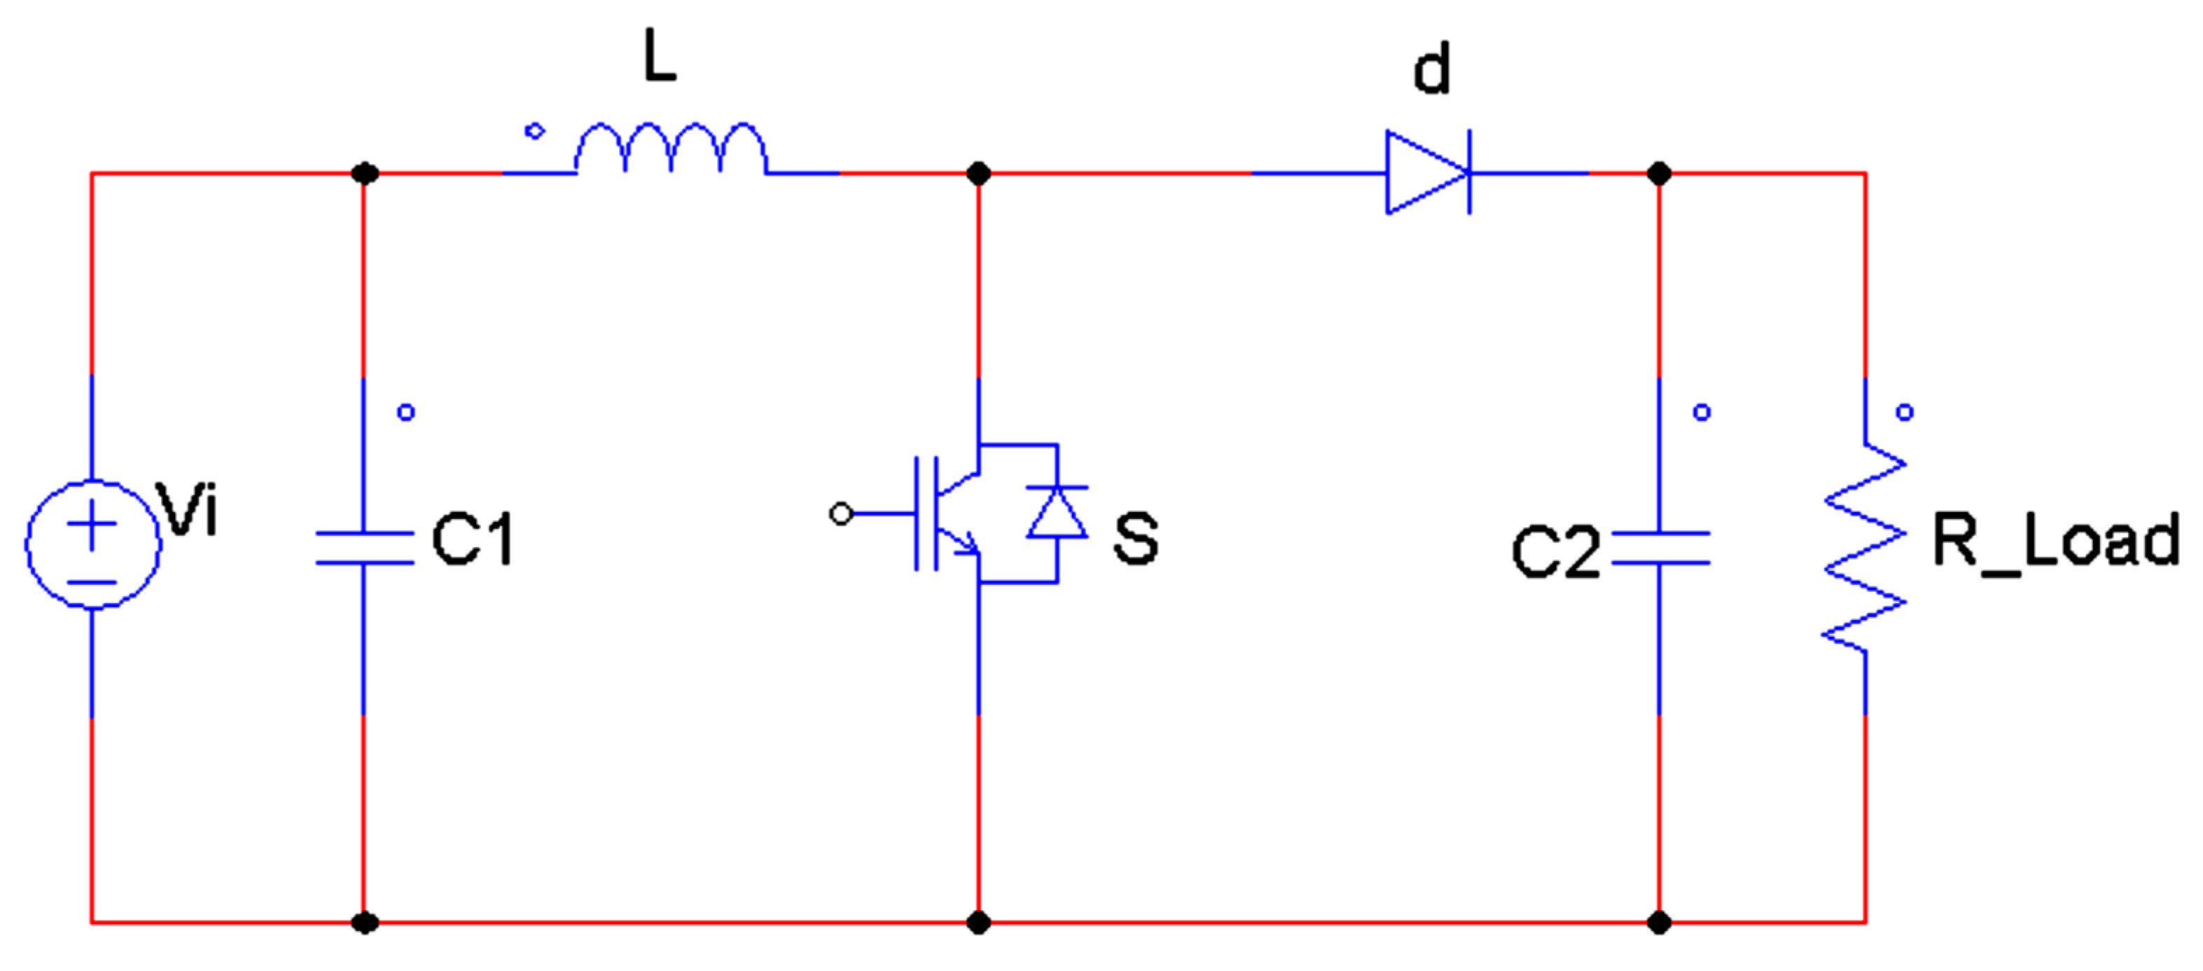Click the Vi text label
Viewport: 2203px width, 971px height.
coord(188,511)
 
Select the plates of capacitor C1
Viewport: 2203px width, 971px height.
coord(364,549)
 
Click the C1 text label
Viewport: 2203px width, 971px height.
coord(472,540)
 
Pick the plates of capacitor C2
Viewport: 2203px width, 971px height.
coord(1660,549)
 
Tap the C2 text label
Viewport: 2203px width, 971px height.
coord(1555,553)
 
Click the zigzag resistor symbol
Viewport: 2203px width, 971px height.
coord(1864,548)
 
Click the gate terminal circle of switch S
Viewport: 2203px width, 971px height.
coord(842,514)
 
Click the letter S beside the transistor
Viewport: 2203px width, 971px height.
coord(1136,538)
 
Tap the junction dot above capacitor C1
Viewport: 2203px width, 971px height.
coord(364,174)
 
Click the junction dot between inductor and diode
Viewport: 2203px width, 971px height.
coord(978,174)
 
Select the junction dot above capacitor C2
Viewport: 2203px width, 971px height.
coord(1659,174)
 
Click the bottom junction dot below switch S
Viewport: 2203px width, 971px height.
coord(978,922)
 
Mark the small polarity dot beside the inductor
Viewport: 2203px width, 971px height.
coord(534,131)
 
